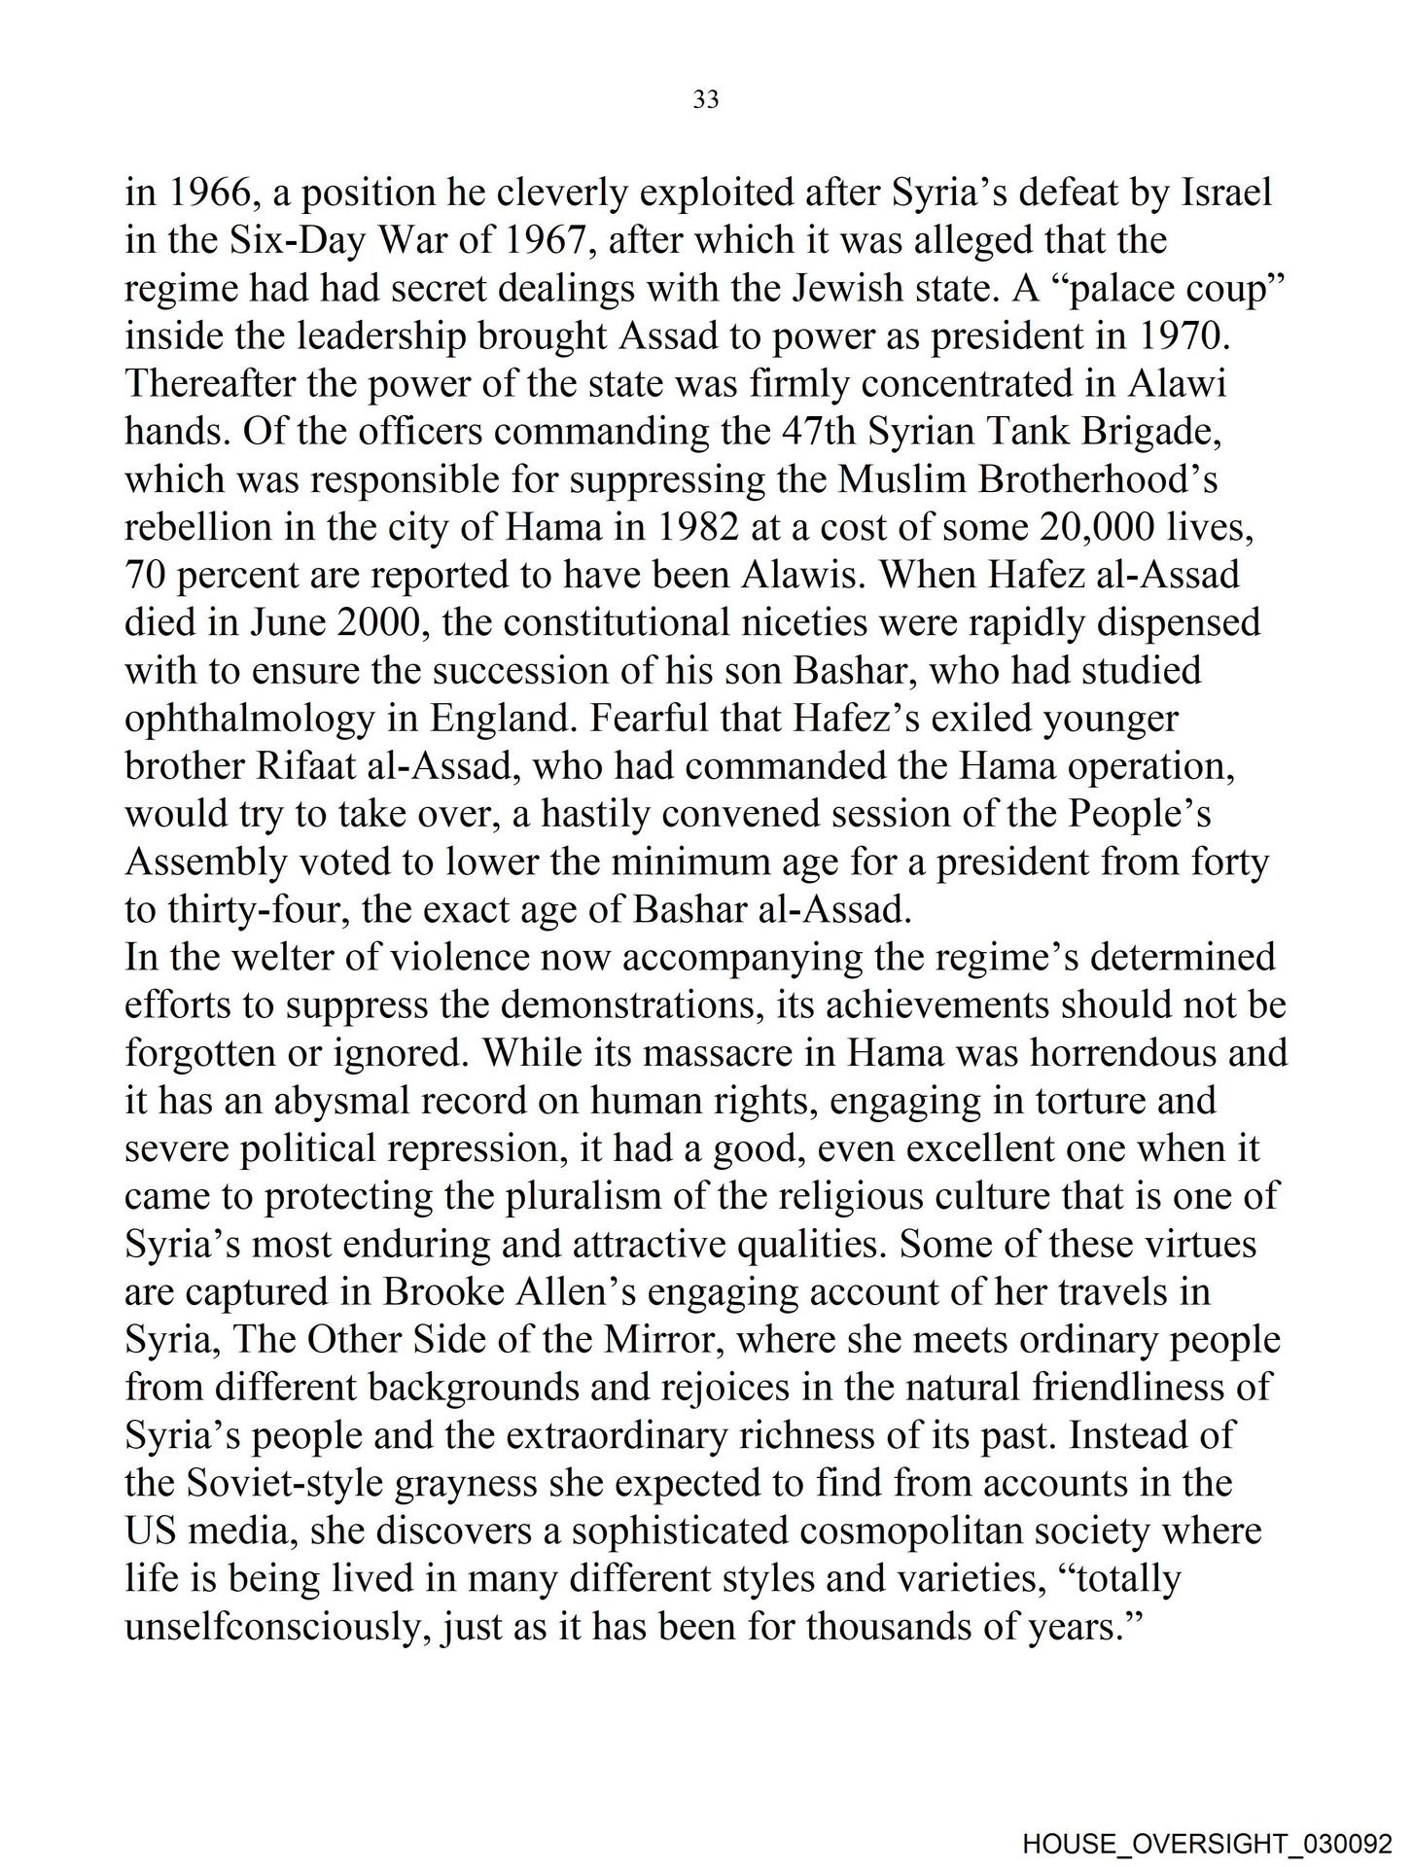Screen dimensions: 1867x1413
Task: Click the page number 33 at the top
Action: (706, 99)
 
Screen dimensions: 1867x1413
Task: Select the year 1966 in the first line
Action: (211, 193)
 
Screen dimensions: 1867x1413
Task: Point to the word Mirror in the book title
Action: (666, 1340)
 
